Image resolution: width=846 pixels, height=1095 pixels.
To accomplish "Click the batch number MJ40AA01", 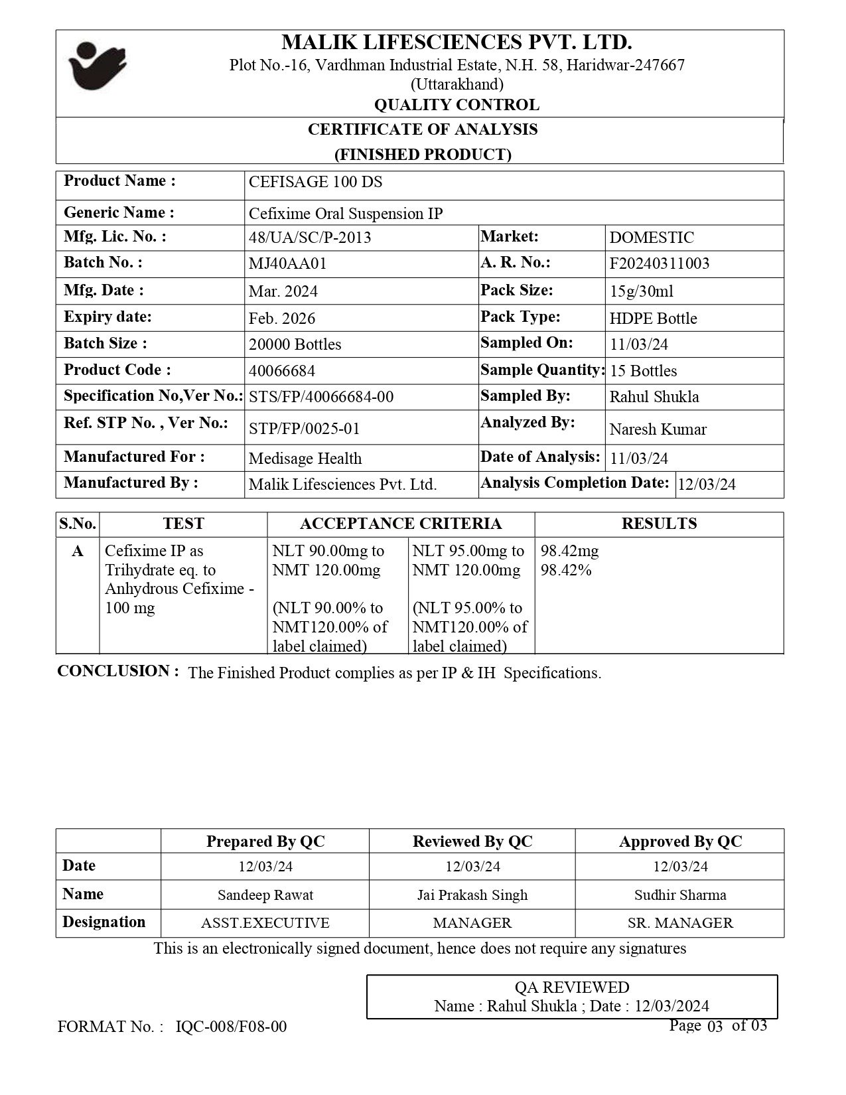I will [x=287, y=263].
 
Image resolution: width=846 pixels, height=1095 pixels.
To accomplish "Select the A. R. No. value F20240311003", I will [x=659, y=263].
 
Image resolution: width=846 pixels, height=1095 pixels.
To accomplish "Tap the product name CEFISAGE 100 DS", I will [x=315, y=182].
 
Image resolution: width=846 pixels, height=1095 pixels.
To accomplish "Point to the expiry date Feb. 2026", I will [x=282, y=319].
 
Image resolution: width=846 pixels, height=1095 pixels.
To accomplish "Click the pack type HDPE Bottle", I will [x=653, y=319].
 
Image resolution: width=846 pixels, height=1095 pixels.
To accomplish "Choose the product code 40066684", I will [x=281, y=370].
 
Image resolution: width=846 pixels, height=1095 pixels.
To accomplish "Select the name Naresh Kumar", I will [x=658, y=429].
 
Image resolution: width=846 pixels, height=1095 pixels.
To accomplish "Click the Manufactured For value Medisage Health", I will [x=305, y=459].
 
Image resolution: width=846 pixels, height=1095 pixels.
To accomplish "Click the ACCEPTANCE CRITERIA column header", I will [x=401, y=524].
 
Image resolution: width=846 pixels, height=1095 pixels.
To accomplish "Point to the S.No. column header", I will [x=78, y=524].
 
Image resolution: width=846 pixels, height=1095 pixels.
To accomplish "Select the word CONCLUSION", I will [x=117, y=671].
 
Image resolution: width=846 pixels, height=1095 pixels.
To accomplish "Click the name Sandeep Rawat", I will [x=265, y=895].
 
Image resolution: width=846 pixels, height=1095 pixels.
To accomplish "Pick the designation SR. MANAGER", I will [x=680, y=923].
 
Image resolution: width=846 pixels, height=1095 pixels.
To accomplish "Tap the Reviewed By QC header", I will [x=472, y=841].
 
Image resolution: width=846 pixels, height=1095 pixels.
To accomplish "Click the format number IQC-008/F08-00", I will [x=232, y=1027].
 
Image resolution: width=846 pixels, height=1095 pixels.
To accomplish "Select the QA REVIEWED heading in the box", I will [x=572, y=987].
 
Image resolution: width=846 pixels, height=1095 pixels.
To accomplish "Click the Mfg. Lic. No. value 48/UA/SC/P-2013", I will [x=310, y=238].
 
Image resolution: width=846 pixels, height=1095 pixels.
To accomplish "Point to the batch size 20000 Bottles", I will [x=295, y=344].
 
